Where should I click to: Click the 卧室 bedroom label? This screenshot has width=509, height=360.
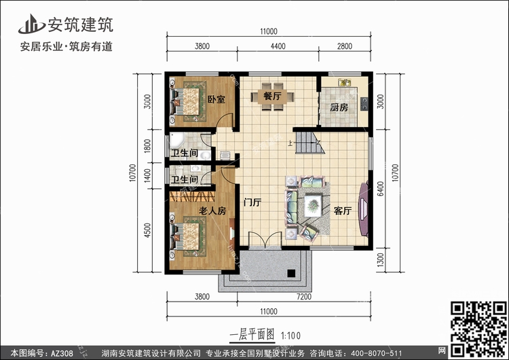(x=216, y=99)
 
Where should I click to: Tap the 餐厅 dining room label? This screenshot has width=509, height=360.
(x=272, y=96)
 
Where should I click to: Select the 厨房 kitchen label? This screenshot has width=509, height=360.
(x=339, y=107)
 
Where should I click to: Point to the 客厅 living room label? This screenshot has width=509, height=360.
(x=343, y=211)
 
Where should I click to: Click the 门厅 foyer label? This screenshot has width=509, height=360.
(x=252, y=202)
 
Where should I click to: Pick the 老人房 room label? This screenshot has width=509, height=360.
(x=212, y=211)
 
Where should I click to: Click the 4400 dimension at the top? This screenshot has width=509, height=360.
(x=278, y=46)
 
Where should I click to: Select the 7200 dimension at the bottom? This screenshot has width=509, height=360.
(x=304, y=297)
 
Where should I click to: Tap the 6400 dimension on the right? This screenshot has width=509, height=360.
(x=381, y=188)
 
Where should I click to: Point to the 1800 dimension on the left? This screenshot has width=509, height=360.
(x=147, y=146)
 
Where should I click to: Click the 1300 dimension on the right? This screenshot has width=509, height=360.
(x=381, y=260)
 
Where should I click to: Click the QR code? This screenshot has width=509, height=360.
(x=478, y=329)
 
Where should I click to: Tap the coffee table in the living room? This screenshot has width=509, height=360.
(x=314, y=205)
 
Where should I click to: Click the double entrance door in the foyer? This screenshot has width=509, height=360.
(x=265, y=240)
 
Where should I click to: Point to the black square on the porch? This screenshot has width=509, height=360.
(x=291, y=274)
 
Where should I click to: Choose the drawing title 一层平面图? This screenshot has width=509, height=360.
(x=252, y=335)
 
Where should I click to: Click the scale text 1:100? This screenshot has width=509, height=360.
(x=291, y=336)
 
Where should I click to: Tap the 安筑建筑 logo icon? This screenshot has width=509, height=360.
(x=31, y=24)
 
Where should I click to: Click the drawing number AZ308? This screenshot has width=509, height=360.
(x=62, y=353)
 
